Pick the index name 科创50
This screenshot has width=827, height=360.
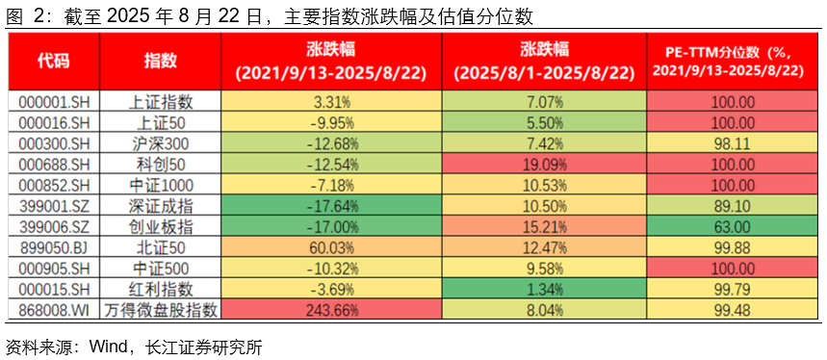coord(161,164)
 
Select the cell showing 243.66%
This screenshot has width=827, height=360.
coord(330,309)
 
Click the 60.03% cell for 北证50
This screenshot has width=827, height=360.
coord(330,247)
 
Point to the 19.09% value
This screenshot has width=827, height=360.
coord(544,164)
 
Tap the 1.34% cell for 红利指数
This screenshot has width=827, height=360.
coord(544,289)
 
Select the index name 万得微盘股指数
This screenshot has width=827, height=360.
coord(161,309)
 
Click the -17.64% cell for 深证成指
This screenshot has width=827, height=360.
coord(330,205)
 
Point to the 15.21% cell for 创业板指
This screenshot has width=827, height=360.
coord(544,226)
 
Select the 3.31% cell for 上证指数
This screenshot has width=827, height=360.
coord(330,100)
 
